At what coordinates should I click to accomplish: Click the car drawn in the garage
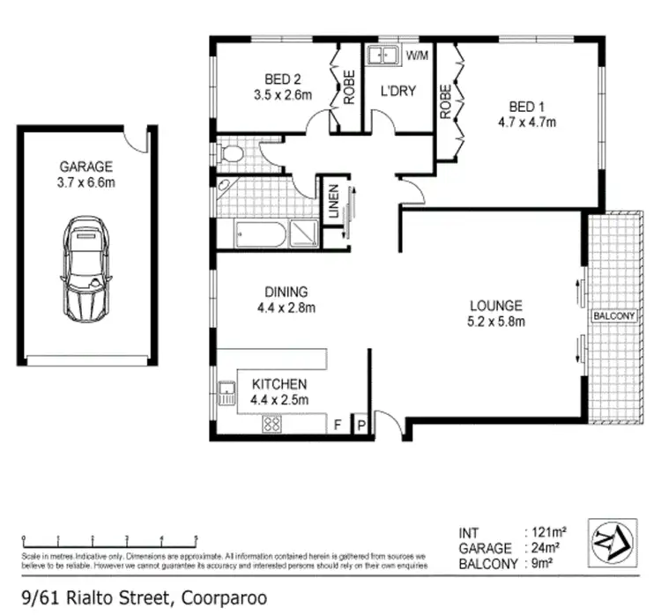87,269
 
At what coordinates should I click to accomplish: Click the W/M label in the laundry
417,56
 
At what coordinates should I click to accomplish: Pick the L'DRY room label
397,92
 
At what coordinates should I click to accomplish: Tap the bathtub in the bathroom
259,235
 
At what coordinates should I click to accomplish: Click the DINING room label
285,293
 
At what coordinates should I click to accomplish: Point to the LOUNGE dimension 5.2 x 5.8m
496,322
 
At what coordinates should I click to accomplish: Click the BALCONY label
613,315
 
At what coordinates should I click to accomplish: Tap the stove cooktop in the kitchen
271,425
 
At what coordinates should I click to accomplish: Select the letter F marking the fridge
337,426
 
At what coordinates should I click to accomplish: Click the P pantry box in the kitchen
361,426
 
